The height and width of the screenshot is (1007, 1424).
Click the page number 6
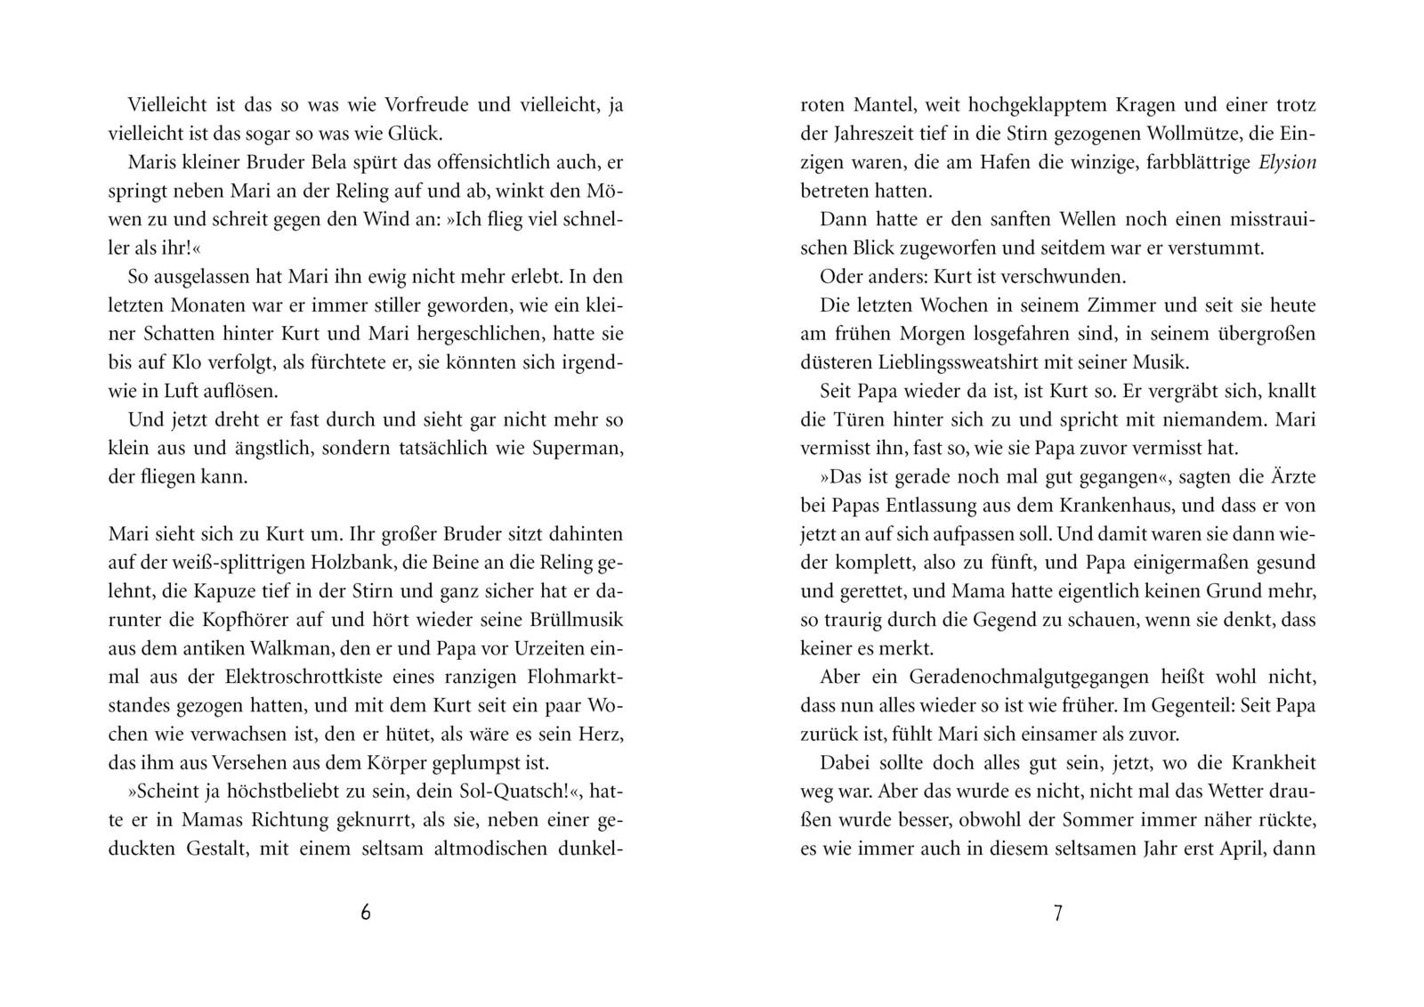(x=365, y=913)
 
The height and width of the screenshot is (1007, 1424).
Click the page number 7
(x=1057, y=913)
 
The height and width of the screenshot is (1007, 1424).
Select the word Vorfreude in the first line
(x=426, y=105)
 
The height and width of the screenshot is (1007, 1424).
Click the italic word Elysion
(x=1287, y=162)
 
